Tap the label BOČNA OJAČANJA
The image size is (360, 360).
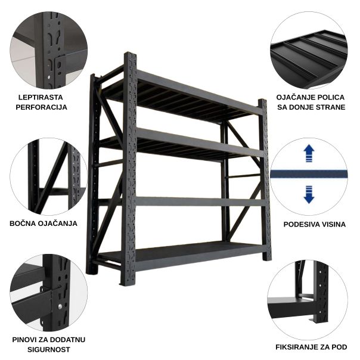tap(44, 224)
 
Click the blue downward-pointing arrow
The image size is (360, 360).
tap(309, 194)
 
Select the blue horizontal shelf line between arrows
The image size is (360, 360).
tap(309, 174)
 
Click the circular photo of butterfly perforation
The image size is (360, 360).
tap(48, 49)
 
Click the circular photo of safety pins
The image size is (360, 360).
tap(48, 293)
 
